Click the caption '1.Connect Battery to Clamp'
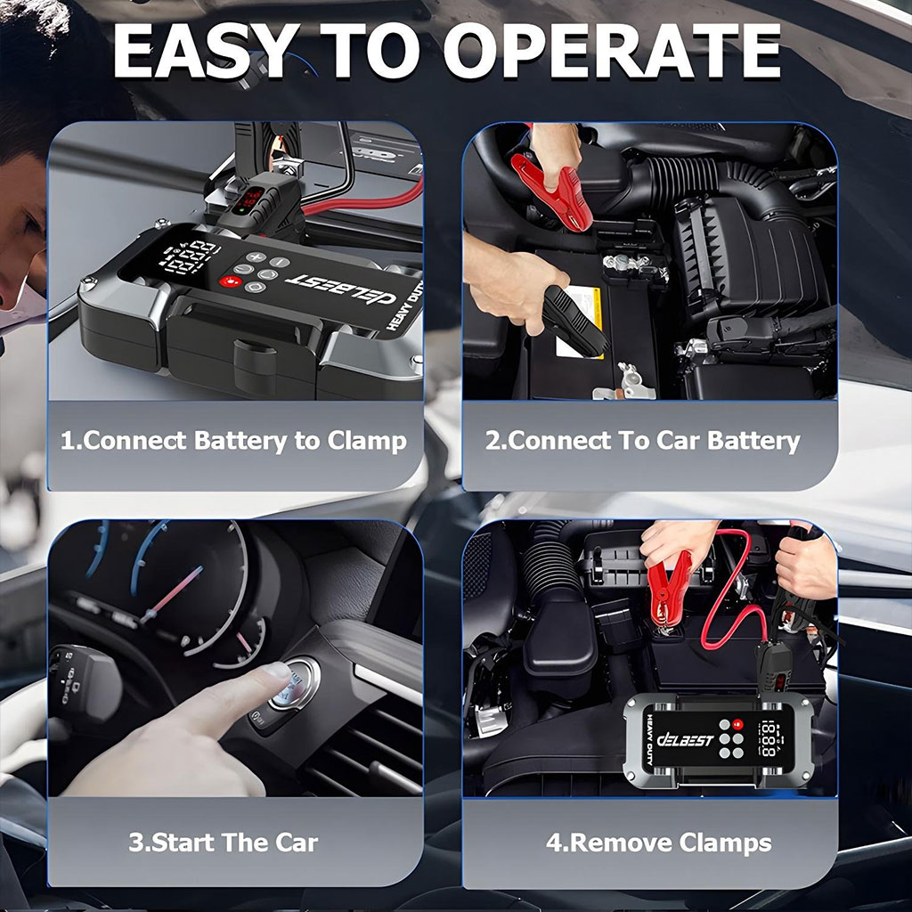click(x=234, y=441)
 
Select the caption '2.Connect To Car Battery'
click(x=643, y=441)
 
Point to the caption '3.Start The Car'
click(x=224, y=843)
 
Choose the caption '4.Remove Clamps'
click(x=658, y=843)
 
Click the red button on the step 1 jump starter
click(x=231, y=281)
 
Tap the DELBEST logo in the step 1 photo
click(x=339, y=289)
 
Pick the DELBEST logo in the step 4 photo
click(x=685, y=740)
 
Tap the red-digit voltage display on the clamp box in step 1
click(x=251, y=199)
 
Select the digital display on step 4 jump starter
click(x=769, y=738)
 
